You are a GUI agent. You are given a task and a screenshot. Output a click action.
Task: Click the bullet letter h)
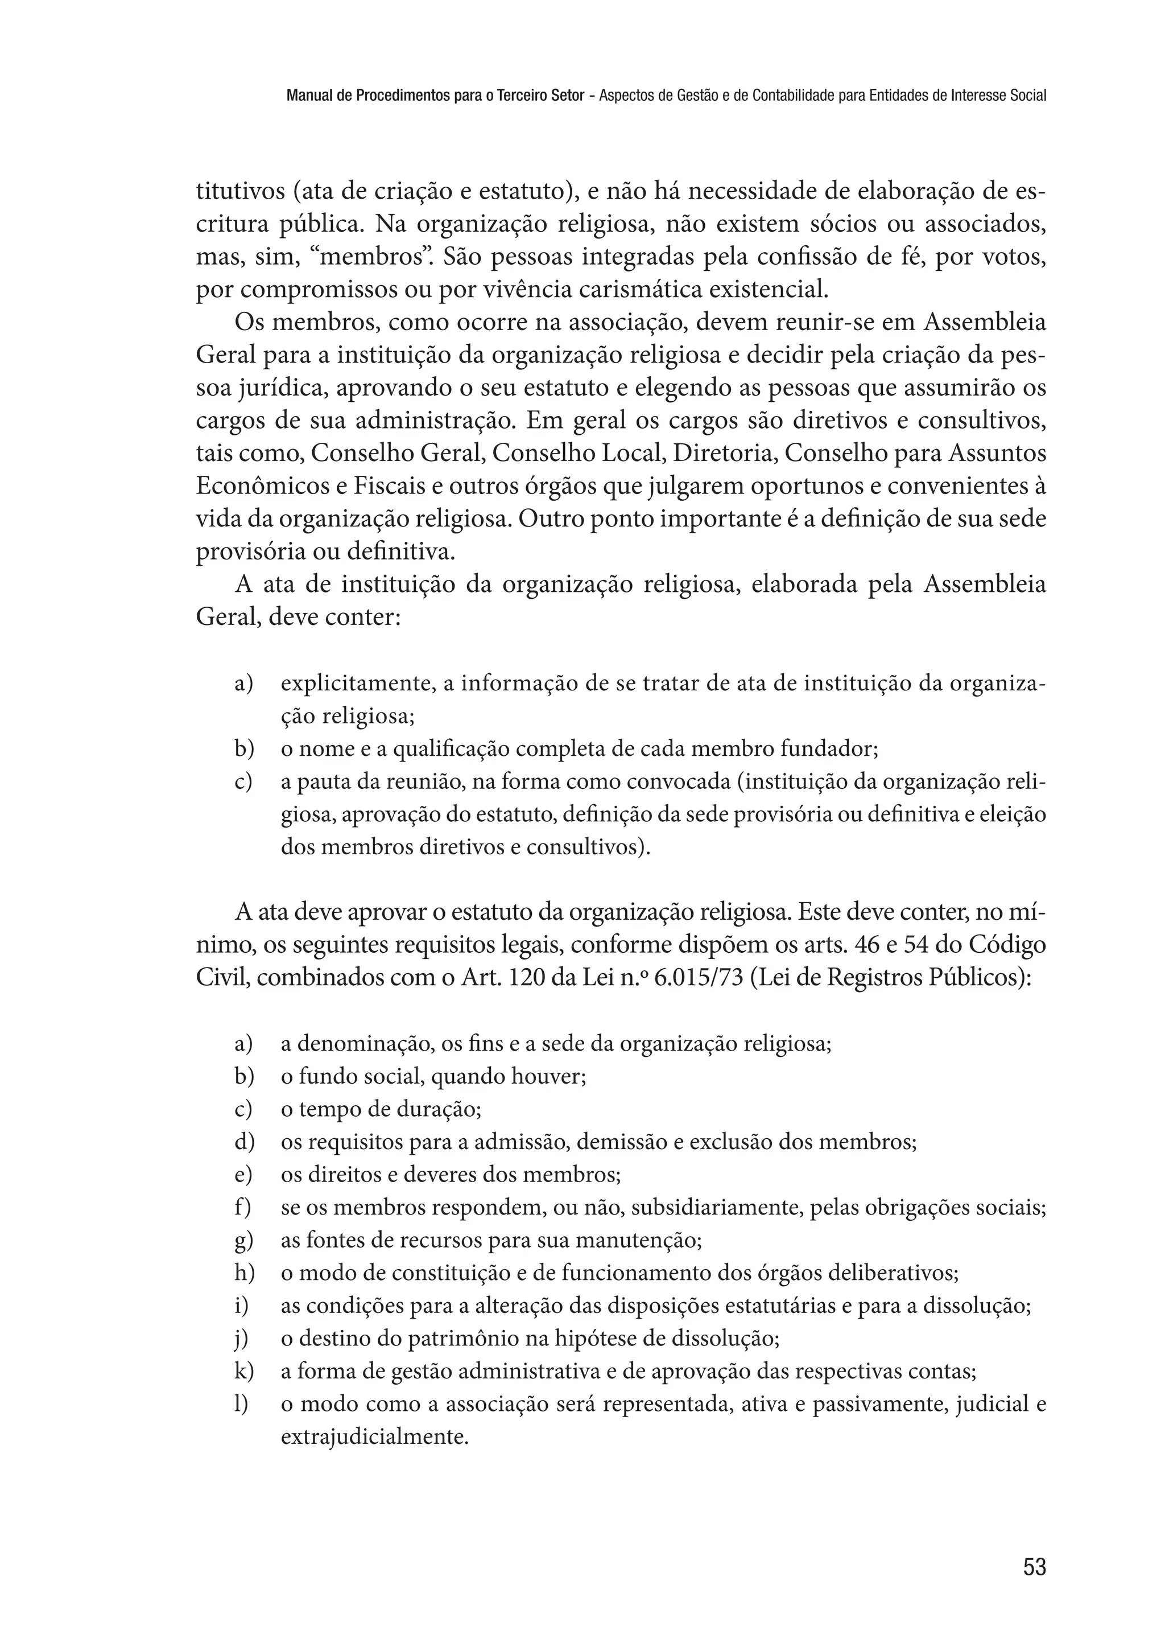pyautogui.click(x=244, y=1273)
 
